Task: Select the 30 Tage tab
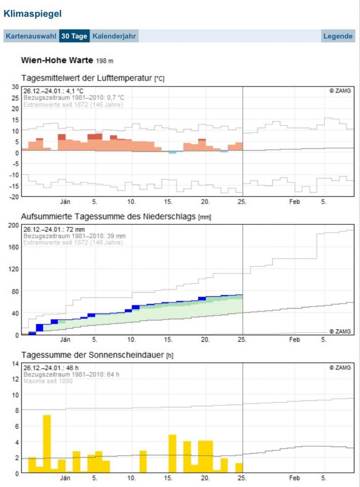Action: pyautogui.click(x=75, y=36)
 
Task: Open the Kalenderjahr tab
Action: pyautogui.click(x=114, y=36)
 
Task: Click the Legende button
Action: pyautogui.click(x=338, y=36)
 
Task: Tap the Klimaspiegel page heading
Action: pyautogui.click(x=32, y=15)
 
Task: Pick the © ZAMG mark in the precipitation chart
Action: pyautogui.click(x=340, y=331)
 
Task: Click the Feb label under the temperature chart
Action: pyautogui.click(x=295, y=201)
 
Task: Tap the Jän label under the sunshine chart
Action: pyautogui.click(x=65, y=478)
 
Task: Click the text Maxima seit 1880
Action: pyautogui.click(x=48, y=381)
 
